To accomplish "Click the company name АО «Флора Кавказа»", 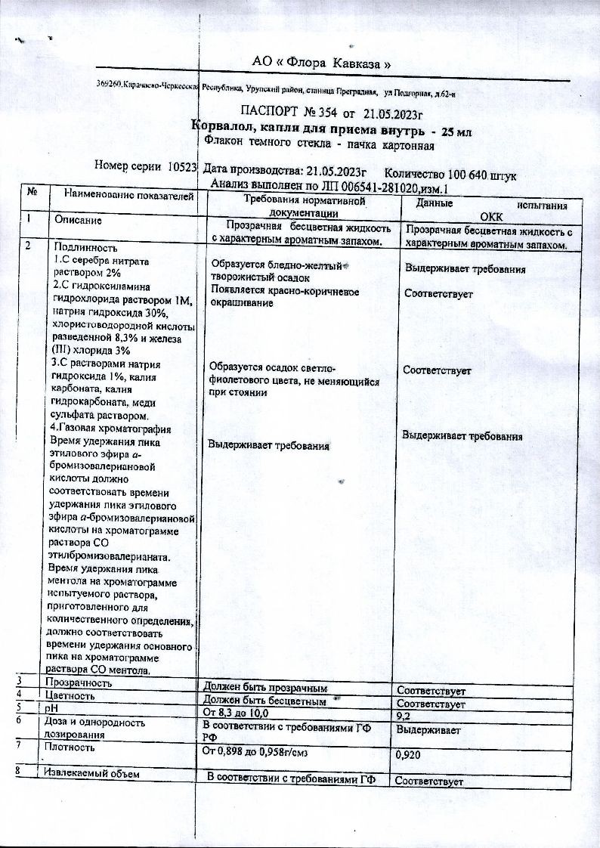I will click(320, 63).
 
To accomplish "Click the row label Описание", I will click(78, 220).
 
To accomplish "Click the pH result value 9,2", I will click(404, 714).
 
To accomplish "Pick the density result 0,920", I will click(408, 754).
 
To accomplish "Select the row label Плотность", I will click(70, 747).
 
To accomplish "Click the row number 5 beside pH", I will click(18, 707).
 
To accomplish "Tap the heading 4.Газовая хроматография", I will click(109, 429).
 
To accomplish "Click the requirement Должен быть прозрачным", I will click(265, 689).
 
